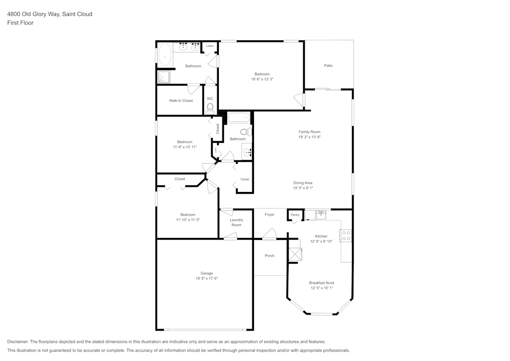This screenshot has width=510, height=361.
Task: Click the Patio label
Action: [328, 66]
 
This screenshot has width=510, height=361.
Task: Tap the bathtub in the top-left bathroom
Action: [165, 55]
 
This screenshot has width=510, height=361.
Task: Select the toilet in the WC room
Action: [210, 109]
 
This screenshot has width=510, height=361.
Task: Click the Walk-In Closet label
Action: [181, 101]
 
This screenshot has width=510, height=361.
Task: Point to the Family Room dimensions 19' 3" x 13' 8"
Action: [310, 137]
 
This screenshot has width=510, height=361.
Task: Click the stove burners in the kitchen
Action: [346, 236]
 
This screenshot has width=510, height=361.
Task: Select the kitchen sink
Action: [321, 215]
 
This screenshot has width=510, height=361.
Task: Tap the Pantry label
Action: [295, 215]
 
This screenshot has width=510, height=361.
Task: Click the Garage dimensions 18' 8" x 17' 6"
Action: [207, 278]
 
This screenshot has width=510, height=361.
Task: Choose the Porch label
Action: [270, 256]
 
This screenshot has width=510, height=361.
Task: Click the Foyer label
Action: [270, 214]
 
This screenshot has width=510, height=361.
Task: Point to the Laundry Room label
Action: [237, 222]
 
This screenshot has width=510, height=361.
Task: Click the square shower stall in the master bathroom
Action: [164, 77]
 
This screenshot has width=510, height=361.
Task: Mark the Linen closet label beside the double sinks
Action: [210, 46]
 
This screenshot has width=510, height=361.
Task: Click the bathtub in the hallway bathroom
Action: [239, 117]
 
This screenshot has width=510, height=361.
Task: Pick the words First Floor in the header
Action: [20, 23]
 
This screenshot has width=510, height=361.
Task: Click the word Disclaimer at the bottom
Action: [18, 342]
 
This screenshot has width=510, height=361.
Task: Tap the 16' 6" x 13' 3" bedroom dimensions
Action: [262, 79]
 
